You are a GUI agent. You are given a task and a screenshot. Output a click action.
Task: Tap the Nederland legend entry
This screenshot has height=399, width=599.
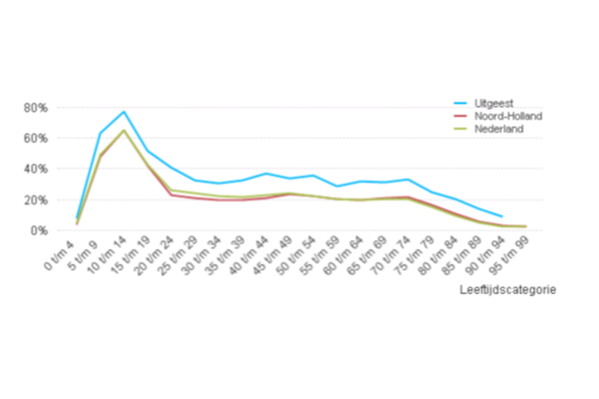click(x=493, y=129)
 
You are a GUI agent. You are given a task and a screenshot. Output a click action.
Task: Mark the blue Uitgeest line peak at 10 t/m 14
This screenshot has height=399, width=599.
click(x=124, y=112)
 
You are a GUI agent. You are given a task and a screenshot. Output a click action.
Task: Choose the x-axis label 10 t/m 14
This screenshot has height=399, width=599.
click(x=107, y=256)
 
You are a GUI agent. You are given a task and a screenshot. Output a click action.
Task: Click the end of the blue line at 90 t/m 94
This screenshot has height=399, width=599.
click(x=502, y=216)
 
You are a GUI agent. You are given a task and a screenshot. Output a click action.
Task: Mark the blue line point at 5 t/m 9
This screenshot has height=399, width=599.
click(x=100, y=132)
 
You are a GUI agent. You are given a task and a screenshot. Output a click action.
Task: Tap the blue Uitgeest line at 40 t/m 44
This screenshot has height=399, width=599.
click(x=266, y=174)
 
